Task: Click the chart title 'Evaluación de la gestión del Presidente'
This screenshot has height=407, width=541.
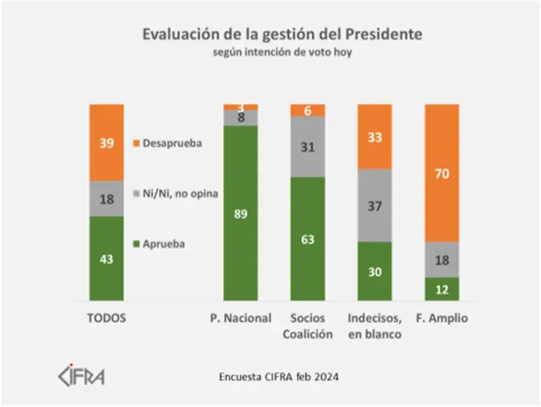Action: click(282, 34)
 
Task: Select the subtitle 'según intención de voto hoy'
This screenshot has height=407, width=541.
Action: click(282, 52)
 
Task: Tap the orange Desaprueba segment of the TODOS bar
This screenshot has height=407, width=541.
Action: click(106, 142)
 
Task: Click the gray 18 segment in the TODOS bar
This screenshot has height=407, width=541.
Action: click(106, 199)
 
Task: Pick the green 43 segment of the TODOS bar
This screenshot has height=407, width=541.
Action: click(106, 258)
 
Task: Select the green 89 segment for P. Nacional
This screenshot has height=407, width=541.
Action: click(240, 213)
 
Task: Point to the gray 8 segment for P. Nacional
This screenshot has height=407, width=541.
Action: click(240, 118)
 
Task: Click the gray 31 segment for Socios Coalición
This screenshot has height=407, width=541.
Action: click(307, 146)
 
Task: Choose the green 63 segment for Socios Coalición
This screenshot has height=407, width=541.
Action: click(307, 238)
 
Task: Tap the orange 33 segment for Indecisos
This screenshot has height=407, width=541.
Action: click(374, 136)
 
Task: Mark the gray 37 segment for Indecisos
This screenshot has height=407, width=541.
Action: click(374, 205)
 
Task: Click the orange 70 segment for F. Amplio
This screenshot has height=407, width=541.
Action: click(442, 173)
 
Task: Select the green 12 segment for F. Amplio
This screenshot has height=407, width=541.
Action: click(442, 289)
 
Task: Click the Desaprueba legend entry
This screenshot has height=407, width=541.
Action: click(167, 143)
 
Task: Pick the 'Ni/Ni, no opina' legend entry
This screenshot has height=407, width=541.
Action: click(177, 194)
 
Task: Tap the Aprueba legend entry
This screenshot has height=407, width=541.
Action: click(159, 244)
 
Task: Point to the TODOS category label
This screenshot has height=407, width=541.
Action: click(106, 318)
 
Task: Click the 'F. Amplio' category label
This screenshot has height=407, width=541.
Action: click(442, 318)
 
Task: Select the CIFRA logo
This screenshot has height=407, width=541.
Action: click(80, 376)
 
